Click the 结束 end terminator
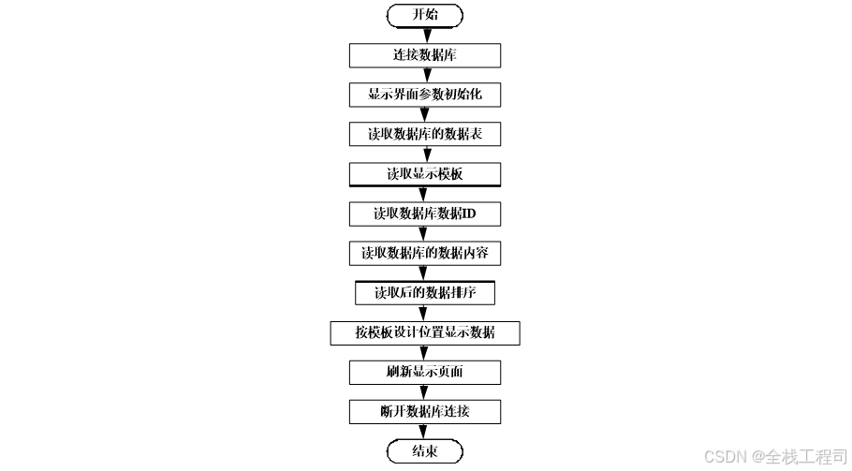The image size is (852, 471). (425, 451)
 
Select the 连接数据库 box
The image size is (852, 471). (425, 55)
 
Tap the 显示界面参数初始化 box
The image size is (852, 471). (425, 95)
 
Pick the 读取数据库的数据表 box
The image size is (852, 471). (425, 134)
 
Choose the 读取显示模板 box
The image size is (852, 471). (425, 174)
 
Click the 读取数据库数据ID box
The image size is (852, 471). (425, 213)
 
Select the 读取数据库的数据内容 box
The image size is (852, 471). (425, 253)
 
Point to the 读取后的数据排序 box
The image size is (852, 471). (425, 293)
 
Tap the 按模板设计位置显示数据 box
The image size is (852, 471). (425, 332)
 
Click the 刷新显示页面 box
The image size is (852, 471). (425, 372)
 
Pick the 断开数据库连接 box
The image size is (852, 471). (425, 412)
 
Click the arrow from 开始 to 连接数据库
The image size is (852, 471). (425, 35)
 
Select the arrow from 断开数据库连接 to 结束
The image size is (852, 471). (425, 432)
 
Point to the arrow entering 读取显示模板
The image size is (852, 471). (425, 155)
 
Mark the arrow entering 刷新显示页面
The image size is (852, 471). (425, 353)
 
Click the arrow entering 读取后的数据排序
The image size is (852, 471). (425, 273)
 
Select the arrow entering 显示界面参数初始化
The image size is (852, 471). (425, 75)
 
